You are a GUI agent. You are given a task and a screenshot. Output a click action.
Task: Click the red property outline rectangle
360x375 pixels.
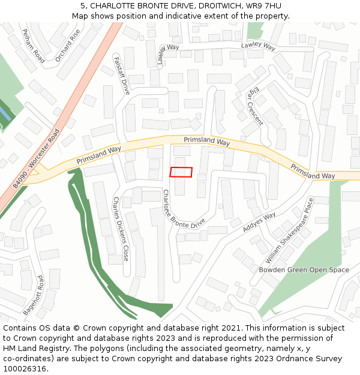(x=181, y=172)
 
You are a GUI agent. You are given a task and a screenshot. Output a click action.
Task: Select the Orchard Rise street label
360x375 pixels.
(x=67, y=46)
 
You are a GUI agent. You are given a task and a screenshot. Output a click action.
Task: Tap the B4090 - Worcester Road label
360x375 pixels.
(x=37, y=159)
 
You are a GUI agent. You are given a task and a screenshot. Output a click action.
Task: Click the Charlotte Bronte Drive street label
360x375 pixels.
(x=184, y=208)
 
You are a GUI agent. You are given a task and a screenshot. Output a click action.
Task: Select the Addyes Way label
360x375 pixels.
(x=259, y=223)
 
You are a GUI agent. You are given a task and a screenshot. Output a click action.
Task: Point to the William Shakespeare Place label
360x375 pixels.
(x=290, y=230)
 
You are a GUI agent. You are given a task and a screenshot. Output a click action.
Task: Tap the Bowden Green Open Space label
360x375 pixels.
(x=304, y=270)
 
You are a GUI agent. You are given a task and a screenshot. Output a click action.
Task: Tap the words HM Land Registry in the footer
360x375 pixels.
(x=34, y=349)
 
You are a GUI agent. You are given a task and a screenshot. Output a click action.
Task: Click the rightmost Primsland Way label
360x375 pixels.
(x=313, y=171)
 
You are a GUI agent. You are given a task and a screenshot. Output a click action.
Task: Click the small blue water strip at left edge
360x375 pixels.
(x=4, y=113)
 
